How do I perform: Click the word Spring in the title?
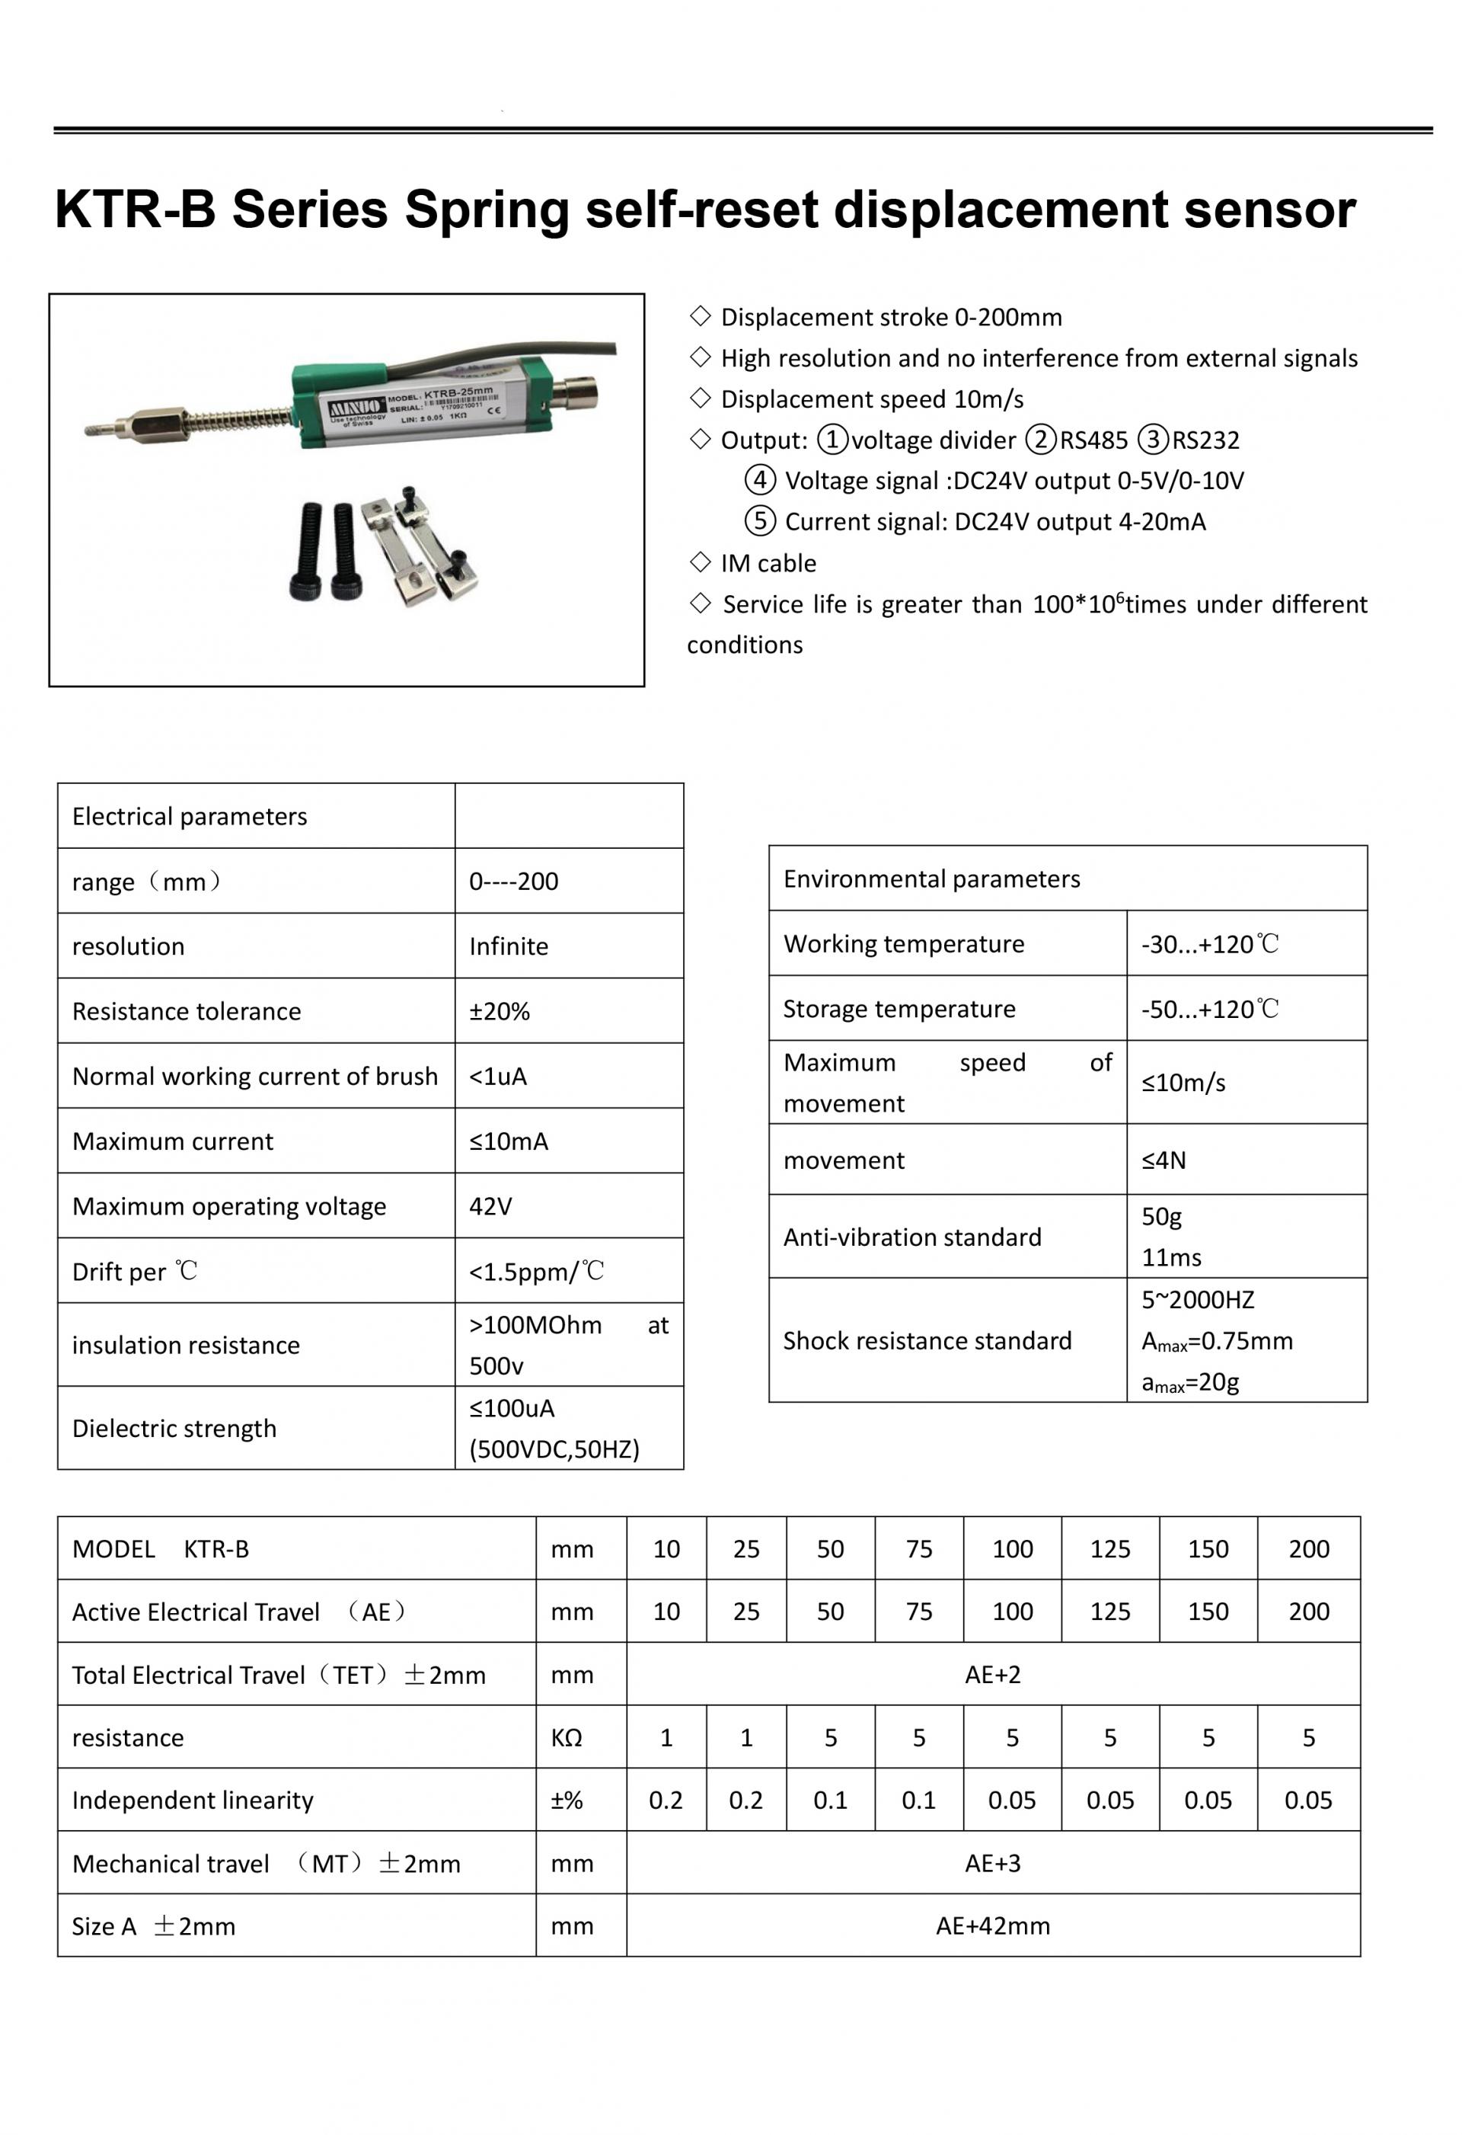point(487,211)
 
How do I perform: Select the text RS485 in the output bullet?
point(1093,440)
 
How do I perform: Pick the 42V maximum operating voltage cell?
point(490,1205)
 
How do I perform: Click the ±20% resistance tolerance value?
point(500,1010)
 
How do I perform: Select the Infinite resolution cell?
point(509,946)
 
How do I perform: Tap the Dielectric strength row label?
point(174,1428)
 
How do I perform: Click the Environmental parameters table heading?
point(931,879)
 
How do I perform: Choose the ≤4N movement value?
point(1164,1160)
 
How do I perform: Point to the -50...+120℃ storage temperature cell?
point(1209,1009)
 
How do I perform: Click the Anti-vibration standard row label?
point(912,1237)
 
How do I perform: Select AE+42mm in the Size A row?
point(993,1925)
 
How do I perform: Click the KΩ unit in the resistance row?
point(567,1737)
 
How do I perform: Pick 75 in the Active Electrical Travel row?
point(918,1612)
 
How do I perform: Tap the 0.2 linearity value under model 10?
point(666,1800)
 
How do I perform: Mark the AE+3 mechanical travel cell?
point(993,1863)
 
